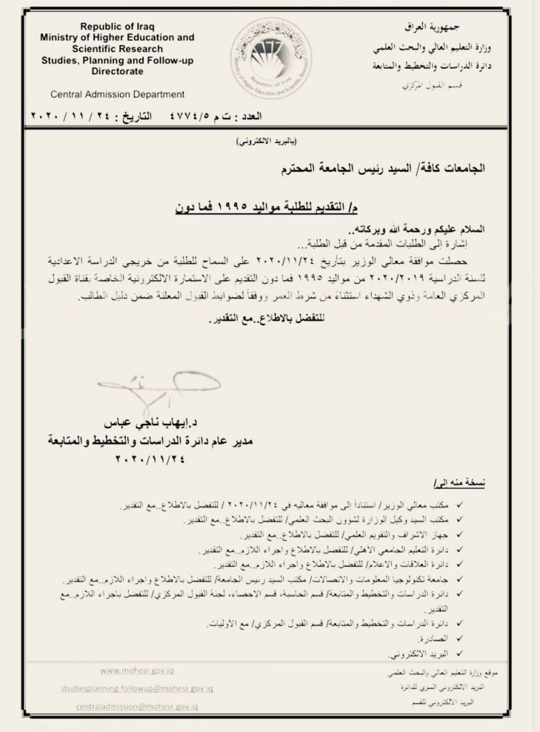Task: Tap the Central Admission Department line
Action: [117, 94]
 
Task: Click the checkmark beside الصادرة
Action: [458, 639]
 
